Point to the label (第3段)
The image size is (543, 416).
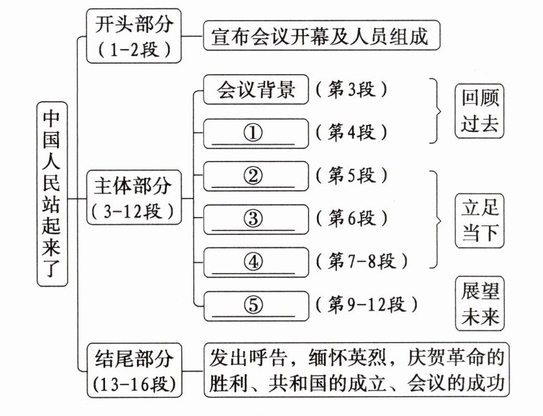tap(352, 91)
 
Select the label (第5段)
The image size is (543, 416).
tap(352, 175)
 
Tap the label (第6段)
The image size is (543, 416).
tap(352, 218)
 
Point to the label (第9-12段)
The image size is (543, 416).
tap(368, 304)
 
